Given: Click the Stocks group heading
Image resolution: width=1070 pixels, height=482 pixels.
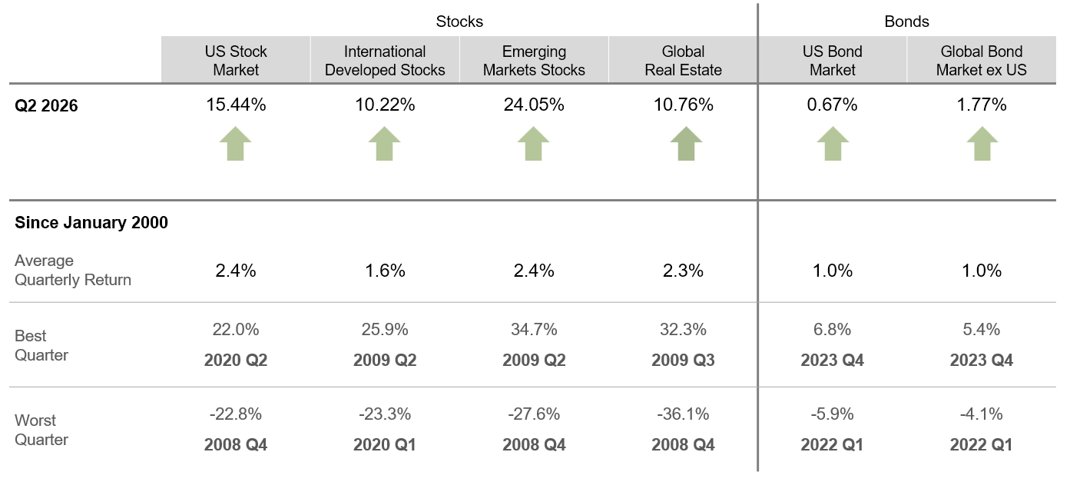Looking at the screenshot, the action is (459, 22).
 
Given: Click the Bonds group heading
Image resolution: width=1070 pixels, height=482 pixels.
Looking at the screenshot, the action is (906, 22).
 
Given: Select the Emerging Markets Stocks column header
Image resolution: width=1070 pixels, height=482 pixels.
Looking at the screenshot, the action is (534, 60).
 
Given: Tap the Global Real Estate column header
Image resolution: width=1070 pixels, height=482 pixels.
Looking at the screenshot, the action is (683, 60).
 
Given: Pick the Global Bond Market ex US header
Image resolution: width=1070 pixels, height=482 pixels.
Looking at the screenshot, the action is (981, 60).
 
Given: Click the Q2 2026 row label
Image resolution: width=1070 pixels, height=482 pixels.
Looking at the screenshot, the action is (46, 105).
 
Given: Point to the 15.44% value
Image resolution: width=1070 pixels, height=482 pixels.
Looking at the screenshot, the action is (236, 105).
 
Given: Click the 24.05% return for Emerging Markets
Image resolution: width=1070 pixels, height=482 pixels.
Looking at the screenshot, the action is (534, 105).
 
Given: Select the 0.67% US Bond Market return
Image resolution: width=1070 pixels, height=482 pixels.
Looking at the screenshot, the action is (832, 105).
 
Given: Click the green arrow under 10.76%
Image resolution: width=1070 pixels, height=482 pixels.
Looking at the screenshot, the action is (686, 144).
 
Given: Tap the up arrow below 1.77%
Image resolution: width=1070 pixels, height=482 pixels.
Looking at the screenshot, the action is (982, 144).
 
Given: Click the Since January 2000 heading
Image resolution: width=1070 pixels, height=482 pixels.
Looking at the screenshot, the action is (91, 222).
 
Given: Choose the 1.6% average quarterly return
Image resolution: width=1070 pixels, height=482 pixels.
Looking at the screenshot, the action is (385, 271).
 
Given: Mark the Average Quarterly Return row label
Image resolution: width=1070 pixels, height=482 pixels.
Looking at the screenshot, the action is (73, 270).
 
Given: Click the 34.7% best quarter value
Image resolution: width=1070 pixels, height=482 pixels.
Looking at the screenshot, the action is (534, 330).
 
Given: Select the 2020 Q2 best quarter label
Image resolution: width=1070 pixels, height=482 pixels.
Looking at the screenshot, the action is (236, 360).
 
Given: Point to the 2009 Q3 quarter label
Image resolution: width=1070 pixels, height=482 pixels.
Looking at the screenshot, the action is (683, 360).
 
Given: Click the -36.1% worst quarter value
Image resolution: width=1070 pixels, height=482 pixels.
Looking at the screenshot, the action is (683, 414).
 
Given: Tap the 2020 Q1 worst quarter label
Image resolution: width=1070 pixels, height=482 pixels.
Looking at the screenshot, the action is (385, 444).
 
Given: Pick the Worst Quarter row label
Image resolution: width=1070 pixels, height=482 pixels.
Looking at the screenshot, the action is (41, 430).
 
